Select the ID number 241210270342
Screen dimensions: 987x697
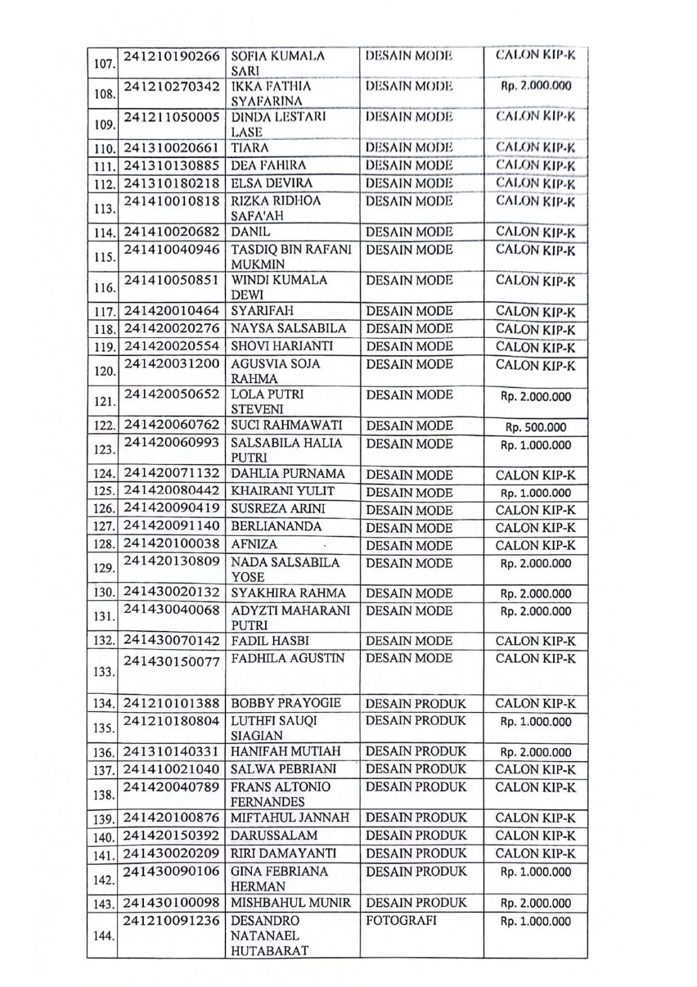(x=172, y=86)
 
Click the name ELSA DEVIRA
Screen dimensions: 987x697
(x=272, y=183)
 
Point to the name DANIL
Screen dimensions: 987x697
(x=251, y=232)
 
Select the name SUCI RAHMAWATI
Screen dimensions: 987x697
(x=287, y=425)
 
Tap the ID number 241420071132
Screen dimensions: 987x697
(x=172, y=474)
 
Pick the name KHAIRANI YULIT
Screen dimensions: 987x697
(x=283, y=492)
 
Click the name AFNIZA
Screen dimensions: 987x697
(x=254, y=545)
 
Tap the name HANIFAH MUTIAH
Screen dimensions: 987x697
(x=286, y=752)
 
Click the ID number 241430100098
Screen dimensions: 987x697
(x=172, y=903)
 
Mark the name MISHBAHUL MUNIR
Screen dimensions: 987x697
(x=291, y=903)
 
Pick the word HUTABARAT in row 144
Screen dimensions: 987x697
(x=269, y=951)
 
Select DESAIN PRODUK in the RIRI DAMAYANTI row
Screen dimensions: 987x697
(x=416, y=853)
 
